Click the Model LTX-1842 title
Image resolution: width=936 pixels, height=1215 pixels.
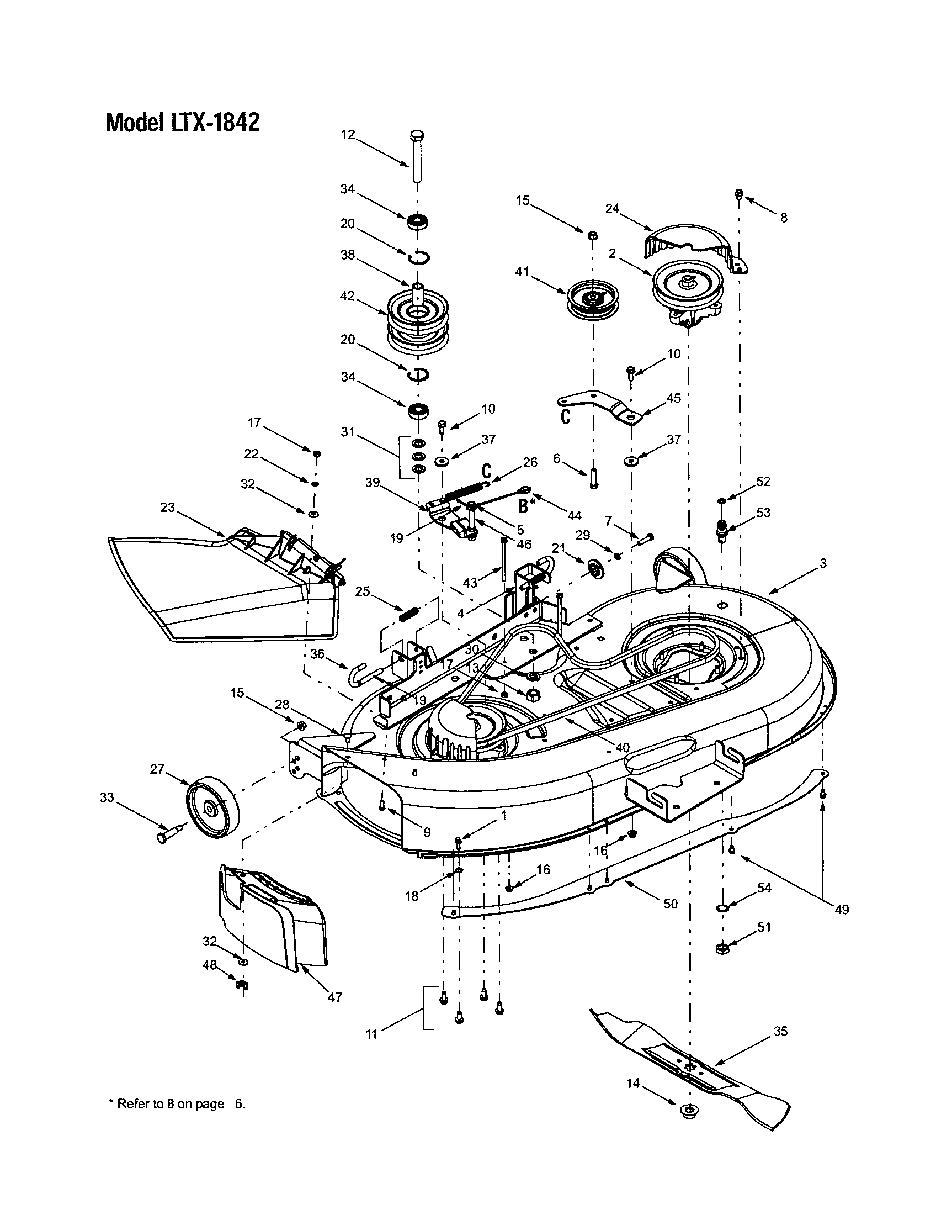pos(182,122)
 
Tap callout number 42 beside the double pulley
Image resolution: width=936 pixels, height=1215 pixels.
pos(347,296)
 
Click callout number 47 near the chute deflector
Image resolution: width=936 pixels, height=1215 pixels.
pos(334,997)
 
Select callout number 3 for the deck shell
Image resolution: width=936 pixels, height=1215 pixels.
pos(823,563)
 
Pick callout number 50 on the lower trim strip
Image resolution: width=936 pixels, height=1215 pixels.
pos(671,904)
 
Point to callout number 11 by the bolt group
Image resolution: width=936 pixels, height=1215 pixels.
pos(371,1034)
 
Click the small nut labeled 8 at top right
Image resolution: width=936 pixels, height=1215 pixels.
pos(739,194)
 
